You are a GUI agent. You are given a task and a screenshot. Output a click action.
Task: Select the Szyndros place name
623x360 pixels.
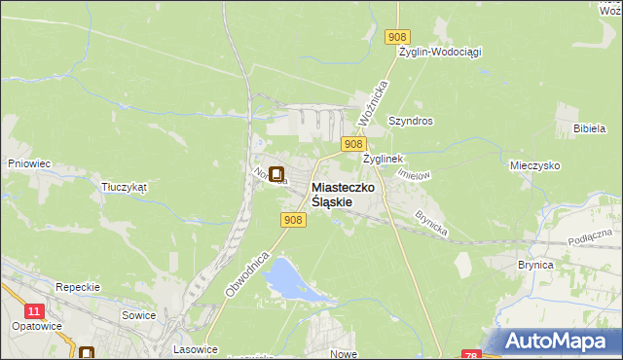pos(410,122)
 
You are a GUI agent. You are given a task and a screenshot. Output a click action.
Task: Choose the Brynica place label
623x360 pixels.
pos(535,265)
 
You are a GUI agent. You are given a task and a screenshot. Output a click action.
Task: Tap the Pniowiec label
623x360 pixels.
pos(28,163)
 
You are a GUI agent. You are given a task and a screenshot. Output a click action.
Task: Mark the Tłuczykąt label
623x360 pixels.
pos(123,188)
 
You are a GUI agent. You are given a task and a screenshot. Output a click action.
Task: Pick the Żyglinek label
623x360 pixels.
pos(383,158)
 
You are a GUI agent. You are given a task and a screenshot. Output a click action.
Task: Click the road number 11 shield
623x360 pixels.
pos(35,310)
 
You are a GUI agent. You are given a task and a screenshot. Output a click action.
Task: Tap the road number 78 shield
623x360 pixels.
pos(471,354)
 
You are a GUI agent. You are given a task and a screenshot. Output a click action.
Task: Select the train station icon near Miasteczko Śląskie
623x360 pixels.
pos(276,175)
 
